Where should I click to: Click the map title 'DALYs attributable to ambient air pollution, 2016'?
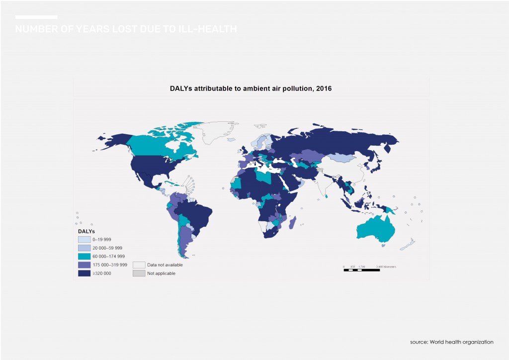coord(251,89)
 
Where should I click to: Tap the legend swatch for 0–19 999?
coord(84,240)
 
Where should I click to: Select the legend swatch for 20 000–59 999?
coord(84,248)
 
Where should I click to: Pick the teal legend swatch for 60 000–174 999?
coord(84,256)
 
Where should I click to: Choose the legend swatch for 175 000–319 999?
coord(84,265)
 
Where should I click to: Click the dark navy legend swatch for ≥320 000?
coord(84,273)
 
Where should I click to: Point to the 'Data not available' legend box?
coord(139,265)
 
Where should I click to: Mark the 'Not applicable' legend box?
coord(139,273)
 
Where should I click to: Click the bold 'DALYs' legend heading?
coord(86,231)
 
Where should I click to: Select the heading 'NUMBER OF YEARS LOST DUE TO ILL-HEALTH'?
coord(126,30)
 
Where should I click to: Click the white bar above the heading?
coord(36,17)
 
